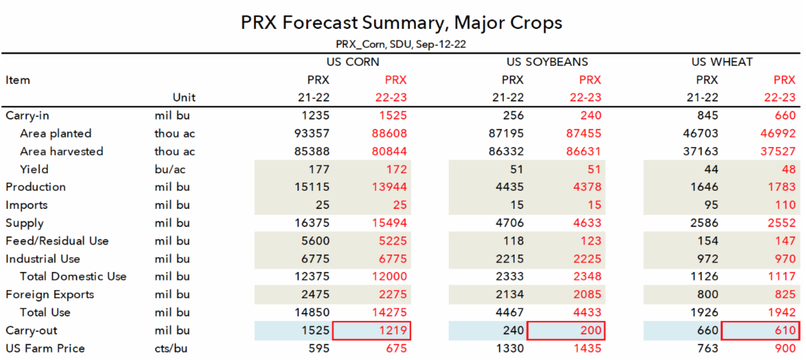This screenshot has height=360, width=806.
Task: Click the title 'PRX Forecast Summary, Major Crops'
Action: [402, 23]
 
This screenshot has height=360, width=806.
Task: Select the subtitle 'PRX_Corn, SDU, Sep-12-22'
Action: [402, 44]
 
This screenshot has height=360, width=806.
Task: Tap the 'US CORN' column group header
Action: [353, 62]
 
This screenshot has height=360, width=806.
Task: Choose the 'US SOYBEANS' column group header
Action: [547, 62]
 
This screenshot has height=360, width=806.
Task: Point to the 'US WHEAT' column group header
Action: [722, 62]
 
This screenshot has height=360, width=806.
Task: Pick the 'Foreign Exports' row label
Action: [50, 294]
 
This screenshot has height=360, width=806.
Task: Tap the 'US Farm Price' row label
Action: [45, 348]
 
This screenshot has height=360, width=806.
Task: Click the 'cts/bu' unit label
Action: [172, 348]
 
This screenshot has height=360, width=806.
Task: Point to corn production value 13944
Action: [390, 187]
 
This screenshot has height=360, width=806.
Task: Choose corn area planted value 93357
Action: [312, 134]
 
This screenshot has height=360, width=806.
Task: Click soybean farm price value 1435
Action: [586, 348]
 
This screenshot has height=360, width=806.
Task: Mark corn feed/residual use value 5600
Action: [315, 240]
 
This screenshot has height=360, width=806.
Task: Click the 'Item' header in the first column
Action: [18, 80]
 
